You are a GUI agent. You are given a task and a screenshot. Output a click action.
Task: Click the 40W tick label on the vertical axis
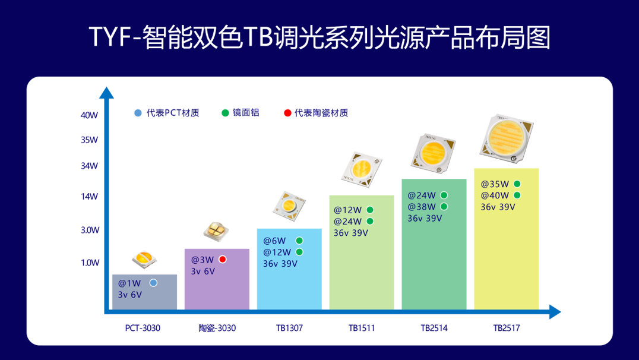tap(89, 115)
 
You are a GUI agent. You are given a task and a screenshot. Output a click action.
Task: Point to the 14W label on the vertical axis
tap(89, 197)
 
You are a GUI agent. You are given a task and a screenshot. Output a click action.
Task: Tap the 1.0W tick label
tap(90, 263)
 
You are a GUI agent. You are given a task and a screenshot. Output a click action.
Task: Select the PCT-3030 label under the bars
tap(143, 328)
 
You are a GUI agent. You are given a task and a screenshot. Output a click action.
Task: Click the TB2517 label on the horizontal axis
tap(506, 328)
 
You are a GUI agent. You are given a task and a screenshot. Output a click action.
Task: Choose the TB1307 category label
tap(289, 328)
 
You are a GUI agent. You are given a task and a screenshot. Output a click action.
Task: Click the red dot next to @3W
tap(223, 260)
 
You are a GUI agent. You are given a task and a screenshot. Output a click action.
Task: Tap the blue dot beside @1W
tap(153, 283)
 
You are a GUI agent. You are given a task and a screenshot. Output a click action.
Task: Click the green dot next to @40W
tap(517, 195)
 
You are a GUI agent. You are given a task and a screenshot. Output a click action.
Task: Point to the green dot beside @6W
tap(299, 241)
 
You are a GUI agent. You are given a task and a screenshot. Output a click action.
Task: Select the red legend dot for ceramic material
tap(287, 113)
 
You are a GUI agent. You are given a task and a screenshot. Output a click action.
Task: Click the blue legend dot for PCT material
tap(138, 113)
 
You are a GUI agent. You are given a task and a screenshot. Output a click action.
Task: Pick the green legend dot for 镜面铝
tap(225, 113)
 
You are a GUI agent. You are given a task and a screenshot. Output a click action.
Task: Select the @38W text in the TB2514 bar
tap(422, 207)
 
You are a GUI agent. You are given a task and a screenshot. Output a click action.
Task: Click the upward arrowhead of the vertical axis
tap(106, 93)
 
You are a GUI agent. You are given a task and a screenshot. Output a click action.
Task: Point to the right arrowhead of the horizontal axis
tap(555, 312)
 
